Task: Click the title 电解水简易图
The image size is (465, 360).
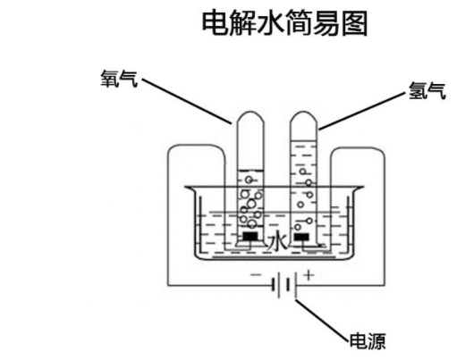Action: coord(284,23)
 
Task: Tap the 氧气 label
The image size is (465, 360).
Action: coord(119,79)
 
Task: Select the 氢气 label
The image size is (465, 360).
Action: coord(427,90)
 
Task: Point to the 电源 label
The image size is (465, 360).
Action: coord(368,341)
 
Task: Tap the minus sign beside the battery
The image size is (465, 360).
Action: coord(256,275)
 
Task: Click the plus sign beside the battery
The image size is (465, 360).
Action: coord(309,274)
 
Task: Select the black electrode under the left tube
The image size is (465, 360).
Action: coord(250,237)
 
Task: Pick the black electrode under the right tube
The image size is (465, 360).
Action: coord(301,238)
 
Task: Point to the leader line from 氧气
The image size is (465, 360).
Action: coord(187,101)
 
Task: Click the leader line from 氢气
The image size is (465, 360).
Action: coord(362,112)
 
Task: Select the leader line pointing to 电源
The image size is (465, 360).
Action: coord(322,320)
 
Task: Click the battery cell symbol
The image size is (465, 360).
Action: coord(284,285)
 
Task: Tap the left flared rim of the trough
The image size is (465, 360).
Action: coord(190,188)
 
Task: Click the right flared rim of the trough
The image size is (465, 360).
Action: coord(358,188)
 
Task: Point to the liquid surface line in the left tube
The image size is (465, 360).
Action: coord(250,171)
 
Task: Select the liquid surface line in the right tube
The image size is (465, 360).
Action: coord(303,139)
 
